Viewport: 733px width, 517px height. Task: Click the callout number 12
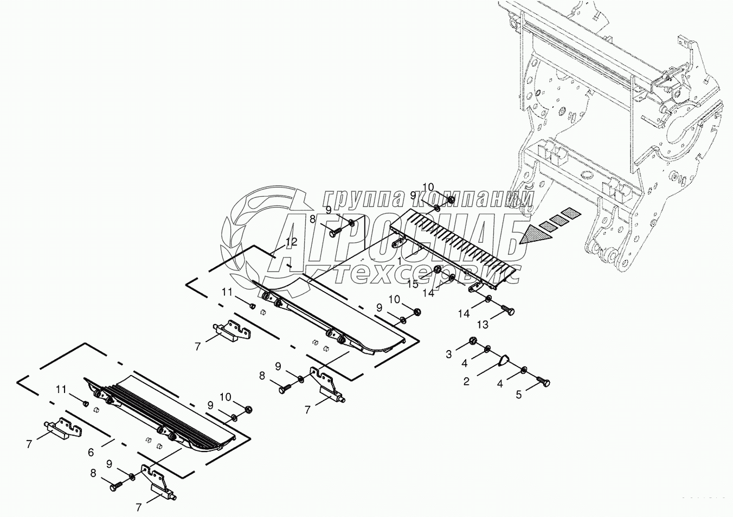291,242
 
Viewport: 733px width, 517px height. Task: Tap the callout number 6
91,452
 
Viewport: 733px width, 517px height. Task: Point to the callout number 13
482,325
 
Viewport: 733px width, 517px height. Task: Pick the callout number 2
466,382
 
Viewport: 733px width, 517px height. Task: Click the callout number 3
448,354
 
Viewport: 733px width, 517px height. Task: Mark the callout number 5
518,395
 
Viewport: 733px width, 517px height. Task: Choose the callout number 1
399,261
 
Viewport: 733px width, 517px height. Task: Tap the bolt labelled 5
543,383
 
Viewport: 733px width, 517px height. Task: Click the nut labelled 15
438,270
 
